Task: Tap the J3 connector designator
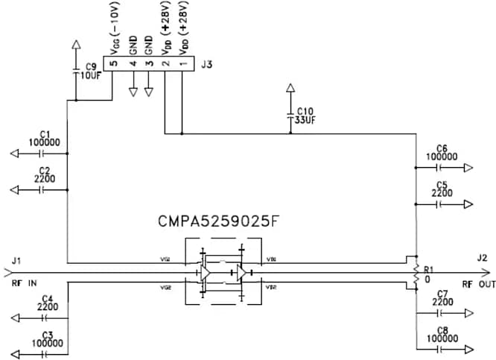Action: pos(206,65)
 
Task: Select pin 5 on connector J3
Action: pos(112,64)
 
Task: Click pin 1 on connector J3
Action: pos(182,64)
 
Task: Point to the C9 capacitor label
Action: pos(92,66)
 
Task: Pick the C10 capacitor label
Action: pos(305,110)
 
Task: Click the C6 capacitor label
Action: pos(442,148)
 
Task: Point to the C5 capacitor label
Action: pos(442,184)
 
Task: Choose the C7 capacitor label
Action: pos(442,294)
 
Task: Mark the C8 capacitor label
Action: pos(442,329)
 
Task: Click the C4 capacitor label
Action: pos(48,298)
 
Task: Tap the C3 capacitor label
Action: pos(48,335)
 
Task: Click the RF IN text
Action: pos(23,284)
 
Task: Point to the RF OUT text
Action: pos(477,284)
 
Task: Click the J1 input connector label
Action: pos(17,260)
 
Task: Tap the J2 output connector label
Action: pos(482,258)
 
